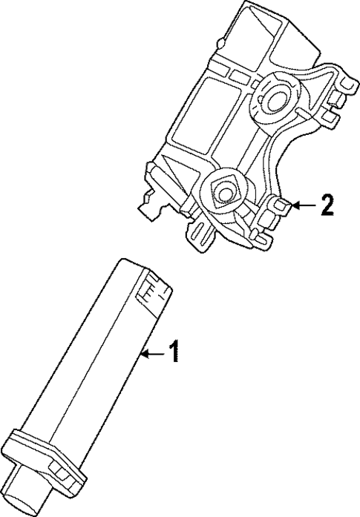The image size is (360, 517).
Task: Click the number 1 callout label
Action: (x=173, y=352)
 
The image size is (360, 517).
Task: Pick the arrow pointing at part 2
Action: (x=303, y=205)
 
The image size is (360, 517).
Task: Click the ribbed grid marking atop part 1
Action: (x=151, y=289)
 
